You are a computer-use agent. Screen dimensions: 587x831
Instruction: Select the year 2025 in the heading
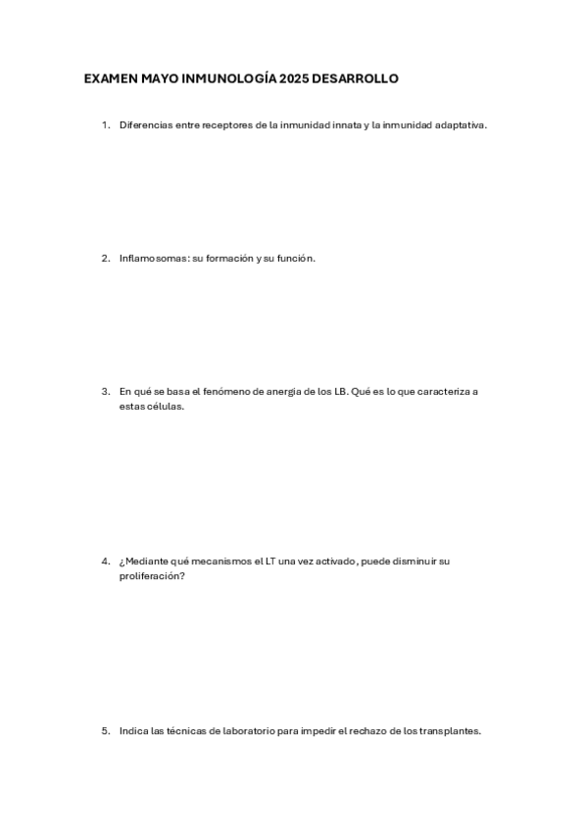[x=293, y=78]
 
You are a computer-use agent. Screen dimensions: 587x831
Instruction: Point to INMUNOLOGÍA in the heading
[x=232, y=78]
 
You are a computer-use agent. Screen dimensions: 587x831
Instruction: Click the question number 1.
[x=104, y=125]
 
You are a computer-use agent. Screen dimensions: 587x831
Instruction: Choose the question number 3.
[x=104, y=391]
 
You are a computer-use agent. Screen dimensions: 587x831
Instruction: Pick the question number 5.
[x=104, y=730]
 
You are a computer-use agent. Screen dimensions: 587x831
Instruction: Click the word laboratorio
[x=242, y=730]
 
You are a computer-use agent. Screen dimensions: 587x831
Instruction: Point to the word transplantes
[x=450, y=730]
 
